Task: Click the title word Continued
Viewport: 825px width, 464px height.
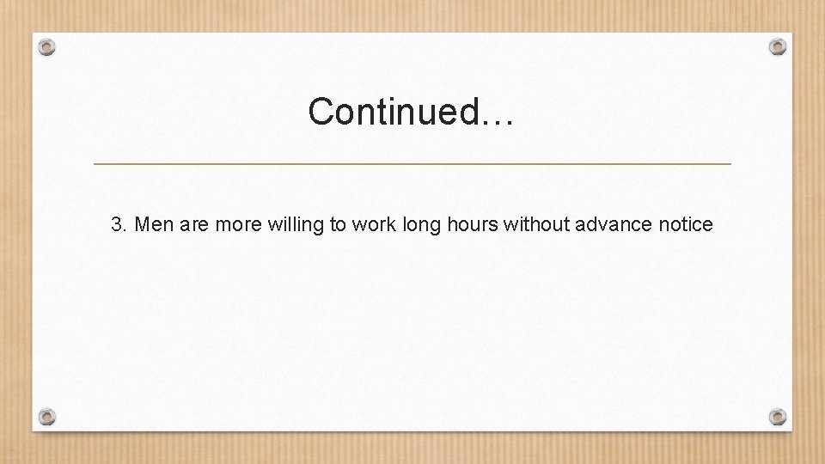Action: (x=394, y=111)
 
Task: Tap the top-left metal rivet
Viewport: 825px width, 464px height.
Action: (x=47, y=46)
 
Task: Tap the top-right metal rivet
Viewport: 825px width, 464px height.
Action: (x=778, y=46)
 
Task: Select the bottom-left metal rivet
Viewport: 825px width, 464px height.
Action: (x=47, y=417)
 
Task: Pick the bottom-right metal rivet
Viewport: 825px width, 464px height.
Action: (x=778, y=417)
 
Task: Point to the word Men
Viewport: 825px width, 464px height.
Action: (x=155, y=225)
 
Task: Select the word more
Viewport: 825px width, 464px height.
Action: (x=239, y=225)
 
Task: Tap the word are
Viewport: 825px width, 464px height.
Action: (x=195, y=225)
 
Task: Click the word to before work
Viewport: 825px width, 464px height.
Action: (x=338, y=225)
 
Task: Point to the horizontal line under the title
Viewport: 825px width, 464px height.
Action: (x=412, y=163)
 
